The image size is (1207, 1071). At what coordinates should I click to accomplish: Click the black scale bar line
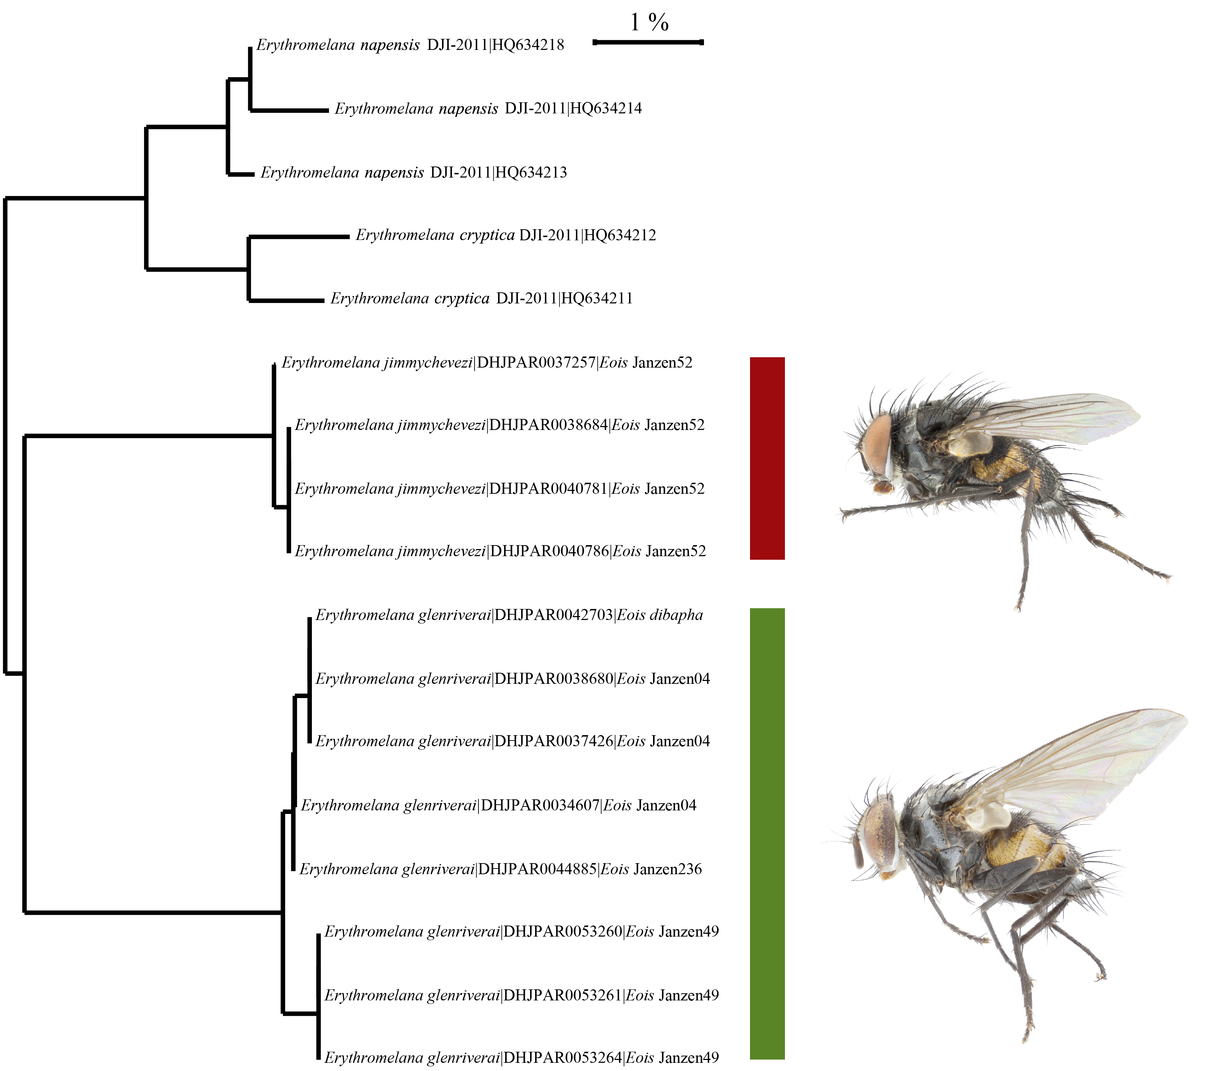[x=648, y=42]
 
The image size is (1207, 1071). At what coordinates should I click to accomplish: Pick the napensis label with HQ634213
[x=414, y=173]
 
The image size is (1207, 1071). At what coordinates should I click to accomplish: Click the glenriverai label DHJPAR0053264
[x=522, y=1057]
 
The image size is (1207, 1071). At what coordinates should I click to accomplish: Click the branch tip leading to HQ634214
[x=328, y=111]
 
